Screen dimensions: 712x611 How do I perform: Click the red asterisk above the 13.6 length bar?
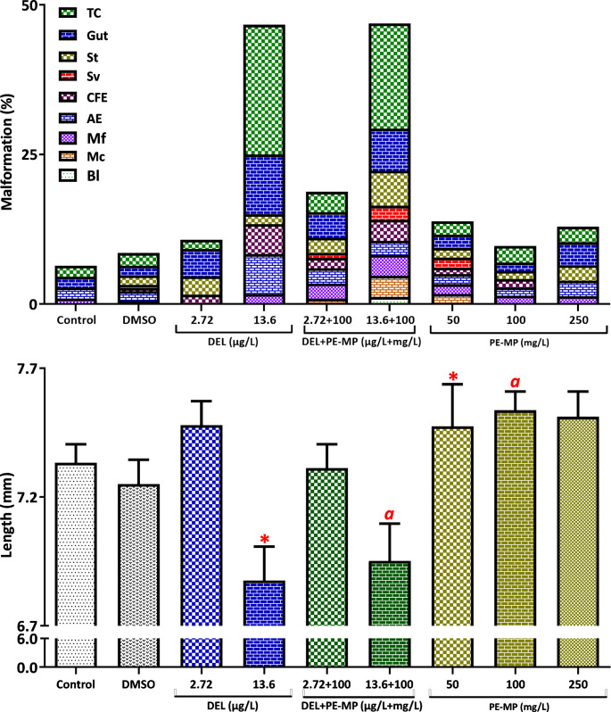(264, 539)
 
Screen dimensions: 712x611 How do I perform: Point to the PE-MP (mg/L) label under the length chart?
(514, 705)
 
